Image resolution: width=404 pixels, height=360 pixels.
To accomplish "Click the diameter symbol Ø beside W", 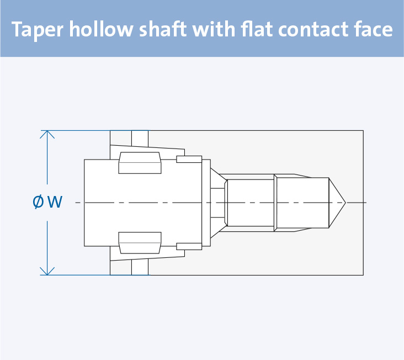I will (x=39, y=202).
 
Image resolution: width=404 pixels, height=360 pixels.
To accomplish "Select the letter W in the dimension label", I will (x=54, y=202).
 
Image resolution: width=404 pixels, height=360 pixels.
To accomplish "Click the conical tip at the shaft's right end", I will (x=337, y=203).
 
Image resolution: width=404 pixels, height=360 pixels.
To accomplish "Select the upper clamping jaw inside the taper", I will (x=140, y=162).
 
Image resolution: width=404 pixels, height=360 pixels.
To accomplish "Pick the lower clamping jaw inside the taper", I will (x=140, y=242).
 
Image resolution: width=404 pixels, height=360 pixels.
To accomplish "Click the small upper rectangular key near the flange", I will (x=189, y=160).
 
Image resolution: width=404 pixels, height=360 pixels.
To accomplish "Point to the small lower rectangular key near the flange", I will (x=189, y=246).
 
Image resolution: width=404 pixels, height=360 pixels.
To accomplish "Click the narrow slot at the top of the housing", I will (x=140, y=137).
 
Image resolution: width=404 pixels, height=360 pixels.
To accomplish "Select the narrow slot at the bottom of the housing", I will (x=140, y=267).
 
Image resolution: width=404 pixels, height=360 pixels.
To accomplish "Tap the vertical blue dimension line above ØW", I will (x=47, y=160).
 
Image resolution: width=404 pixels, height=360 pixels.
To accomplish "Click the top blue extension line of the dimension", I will (x=77, y=131).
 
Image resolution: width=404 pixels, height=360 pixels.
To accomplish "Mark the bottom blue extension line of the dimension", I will (x=77, y=275).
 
